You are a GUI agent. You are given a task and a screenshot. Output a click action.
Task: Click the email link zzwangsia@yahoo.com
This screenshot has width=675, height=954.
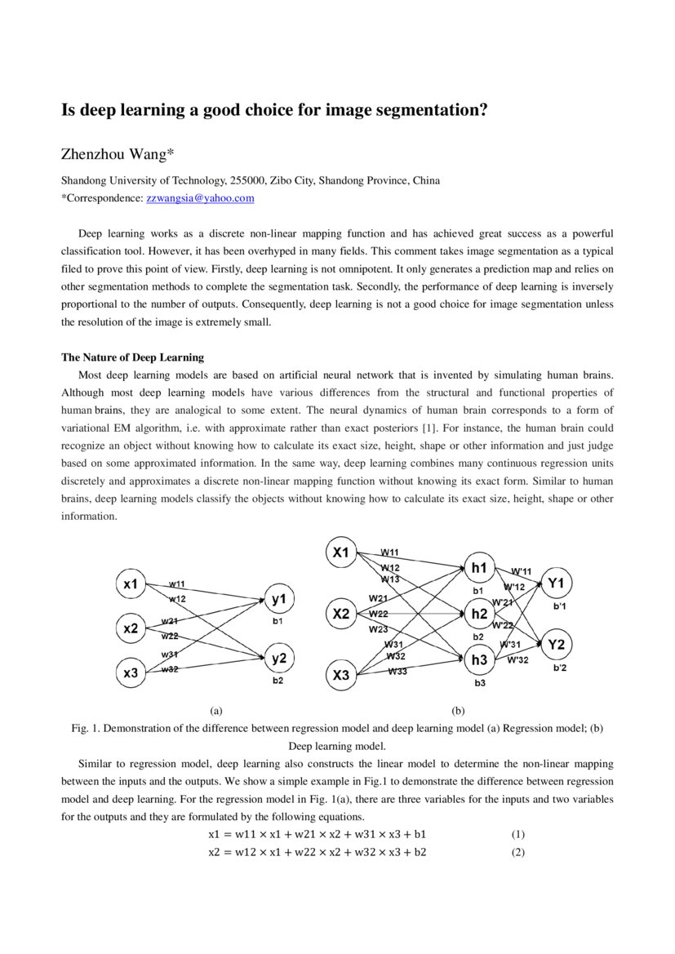click(x=200, y=198)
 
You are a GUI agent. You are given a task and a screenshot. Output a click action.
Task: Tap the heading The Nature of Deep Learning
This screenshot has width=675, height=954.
click(x=133, y=357)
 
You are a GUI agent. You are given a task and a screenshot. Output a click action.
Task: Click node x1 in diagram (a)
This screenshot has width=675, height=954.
click(x=131, y=584)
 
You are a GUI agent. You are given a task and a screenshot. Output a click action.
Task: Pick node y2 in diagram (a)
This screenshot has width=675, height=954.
click(x=278, y=658)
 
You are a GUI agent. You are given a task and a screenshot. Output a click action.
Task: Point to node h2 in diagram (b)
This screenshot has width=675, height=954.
click(x=479, y=614)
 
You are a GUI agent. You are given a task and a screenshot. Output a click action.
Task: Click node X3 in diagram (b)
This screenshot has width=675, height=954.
click(x=341, y=675)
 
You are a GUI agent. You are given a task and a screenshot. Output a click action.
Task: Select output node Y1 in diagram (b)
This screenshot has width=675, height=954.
click(x=557, y=583)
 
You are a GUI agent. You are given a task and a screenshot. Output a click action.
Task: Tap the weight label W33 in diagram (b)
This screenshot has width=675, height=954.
click(x=397, y=671)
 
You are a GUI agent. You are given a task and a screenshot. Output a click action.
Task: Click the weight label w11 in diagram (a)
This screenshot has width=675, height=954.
click(x=177, y=583)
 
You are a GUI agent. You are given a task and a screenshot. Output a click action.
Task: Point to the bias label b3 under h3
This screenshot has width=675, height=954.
click(x=479, y=682)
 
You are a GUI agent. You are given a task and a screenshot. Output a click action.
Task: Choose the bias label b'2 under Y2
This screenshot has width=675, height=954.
click(x=560, y=668)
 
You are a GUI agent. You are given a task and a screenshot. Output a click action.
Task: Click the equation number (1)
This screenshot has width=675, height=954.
click(x=517, y=835)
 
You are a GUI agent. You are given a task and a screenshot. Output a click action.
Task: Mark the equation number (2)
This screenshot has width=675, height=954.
click(x=517, y=852)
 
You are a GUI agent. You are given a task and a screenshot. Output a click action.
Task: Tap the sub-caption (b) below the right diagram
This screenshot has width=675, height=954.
click(x=457, y=710)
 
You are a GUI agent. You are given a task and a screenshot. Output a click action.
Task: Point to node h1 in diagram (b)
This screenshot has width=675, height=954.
click(x=479, y=568)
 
